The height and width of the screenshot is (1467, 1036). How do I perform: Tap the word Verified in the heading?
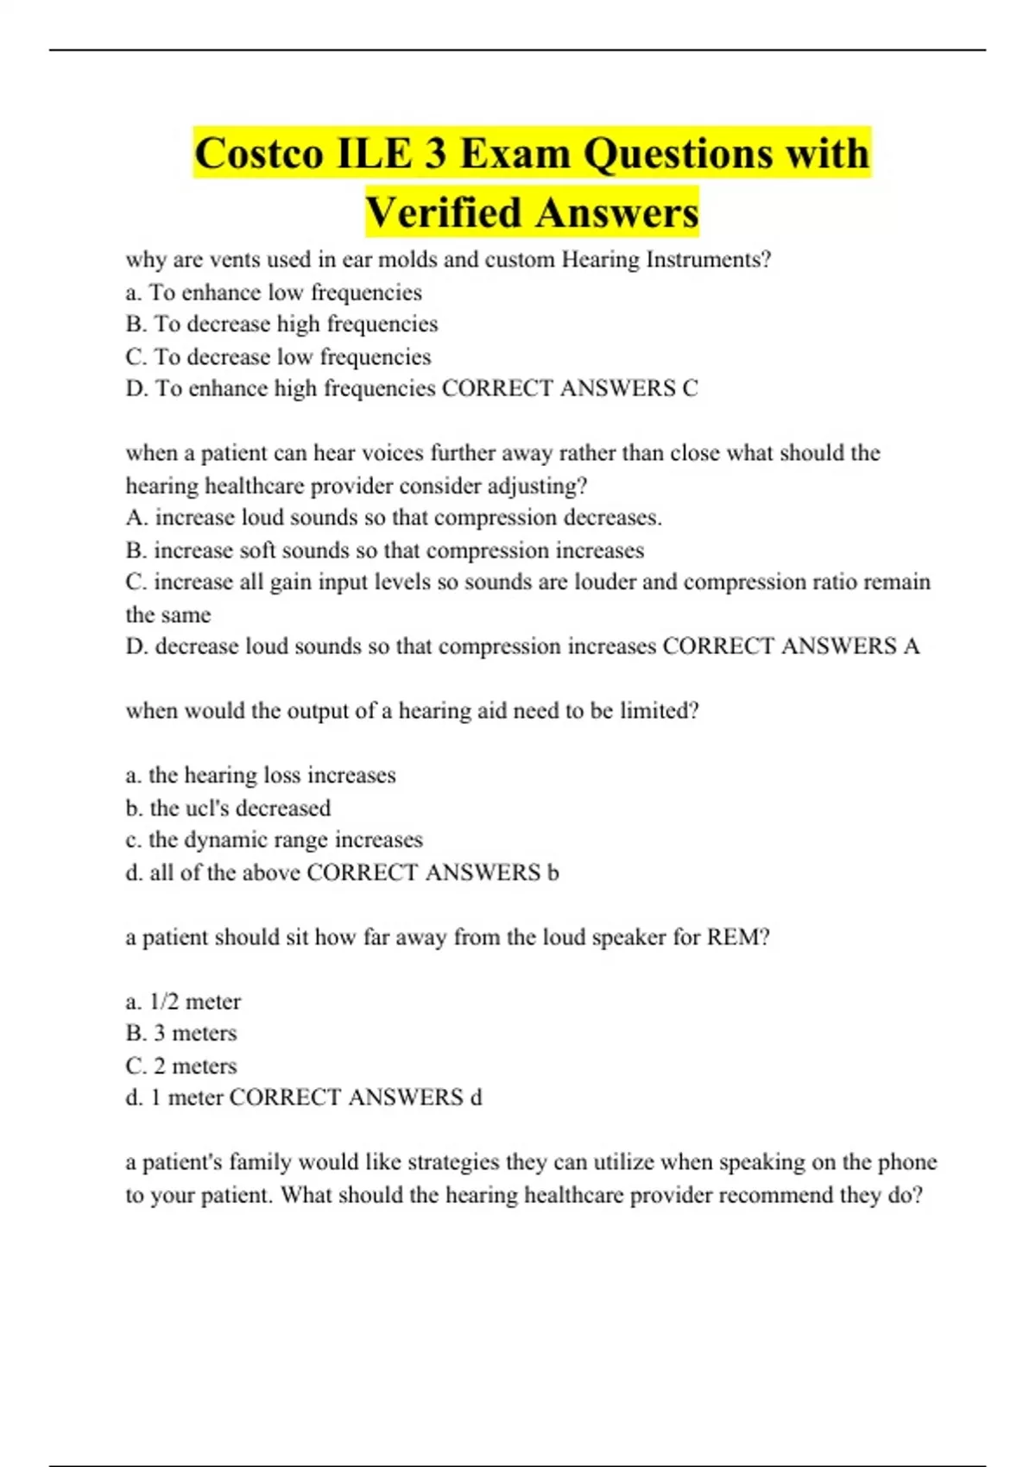[444, 213]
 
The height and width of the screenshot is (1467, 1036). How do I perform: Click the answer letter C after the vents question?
[690, 389]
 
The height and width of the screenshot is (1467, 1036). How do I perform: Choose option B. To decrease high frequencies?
[281, 324]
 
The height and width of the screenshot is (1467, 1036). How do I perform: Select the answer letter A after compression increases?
[911, 646]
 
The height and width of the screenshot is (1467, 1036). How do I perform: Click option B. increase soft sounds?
[384, 551]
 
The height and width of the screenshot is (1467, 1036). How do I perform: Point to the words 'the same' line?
[168, 615]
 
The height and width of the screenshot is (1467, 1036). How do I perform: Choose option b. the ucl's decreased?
[228, 809]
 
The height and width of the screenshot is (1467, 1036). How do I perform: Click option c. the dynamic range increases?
[274, 841]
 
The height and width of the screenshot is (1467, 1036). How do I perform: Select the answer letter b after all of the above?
[553, 872]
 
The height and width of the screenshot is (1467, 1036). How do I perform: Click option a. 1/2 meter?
[183, 1002]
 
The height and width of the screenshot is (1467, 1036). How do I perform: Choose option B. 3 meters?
[180, 1034]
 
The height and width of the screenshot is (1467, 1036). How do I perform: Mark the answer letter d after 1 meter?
[476, 1098]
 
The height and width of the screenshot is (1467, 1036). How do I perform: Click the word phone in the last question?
[906, 1162]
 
